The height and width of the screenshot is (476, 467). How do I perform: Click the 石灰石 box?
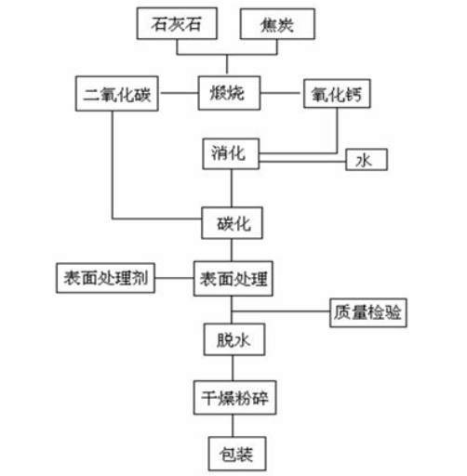click(x=177, y=24)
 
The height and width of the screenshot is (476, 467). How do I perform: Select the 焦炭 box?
click(x=277, y=24)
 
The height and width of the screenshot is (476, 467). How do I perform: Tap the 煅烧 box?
click(x=229, y=93)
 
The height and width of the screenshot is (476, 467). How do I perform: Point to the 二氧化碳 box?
click(x=117, y=94)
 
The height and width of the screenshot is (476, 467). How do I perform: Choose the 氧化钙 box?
click(x=337, y=94)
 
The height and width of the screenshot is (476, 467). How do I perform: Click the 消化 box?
click(x=231, y=153)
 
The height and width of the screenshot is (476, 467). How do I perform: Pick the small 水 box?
click(x=367, y=160)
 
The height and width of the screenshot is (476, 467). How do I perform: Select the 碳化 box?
click(x=232, y=223)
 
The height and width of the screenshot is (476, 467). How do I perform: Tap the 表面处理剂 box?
click(x=105, y=278)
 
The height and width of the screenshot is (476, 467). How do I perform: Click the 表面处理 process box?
click(x=233, y=278)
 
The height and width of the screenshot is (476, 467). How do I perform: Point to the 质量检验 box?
click(x=368, y=312)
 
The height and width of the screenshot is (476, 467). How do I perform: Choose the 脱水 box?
click(x=234, y=339)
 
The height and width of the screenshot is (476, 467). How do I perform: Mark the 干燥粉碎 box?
click(x=234, y=398)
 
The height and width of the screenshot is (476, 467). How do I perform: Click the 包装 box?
click(x=237, y=454)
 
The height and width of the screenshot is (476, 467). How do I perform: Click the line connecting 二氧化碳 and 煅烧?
click(x=179, y=93)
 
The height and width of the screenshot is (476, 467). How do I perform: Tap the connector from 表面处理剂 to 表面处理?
click(x=174, y=278)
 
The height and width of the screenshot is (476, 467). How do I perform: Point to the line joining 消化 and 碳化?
click(x=232, y=188)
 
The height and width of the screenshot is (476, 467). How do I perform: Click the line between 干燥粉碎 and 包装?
click(x=233, y=426)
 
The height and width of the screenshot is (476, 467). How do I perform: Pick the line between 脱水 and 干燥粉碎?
click(x=233, y=368)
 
